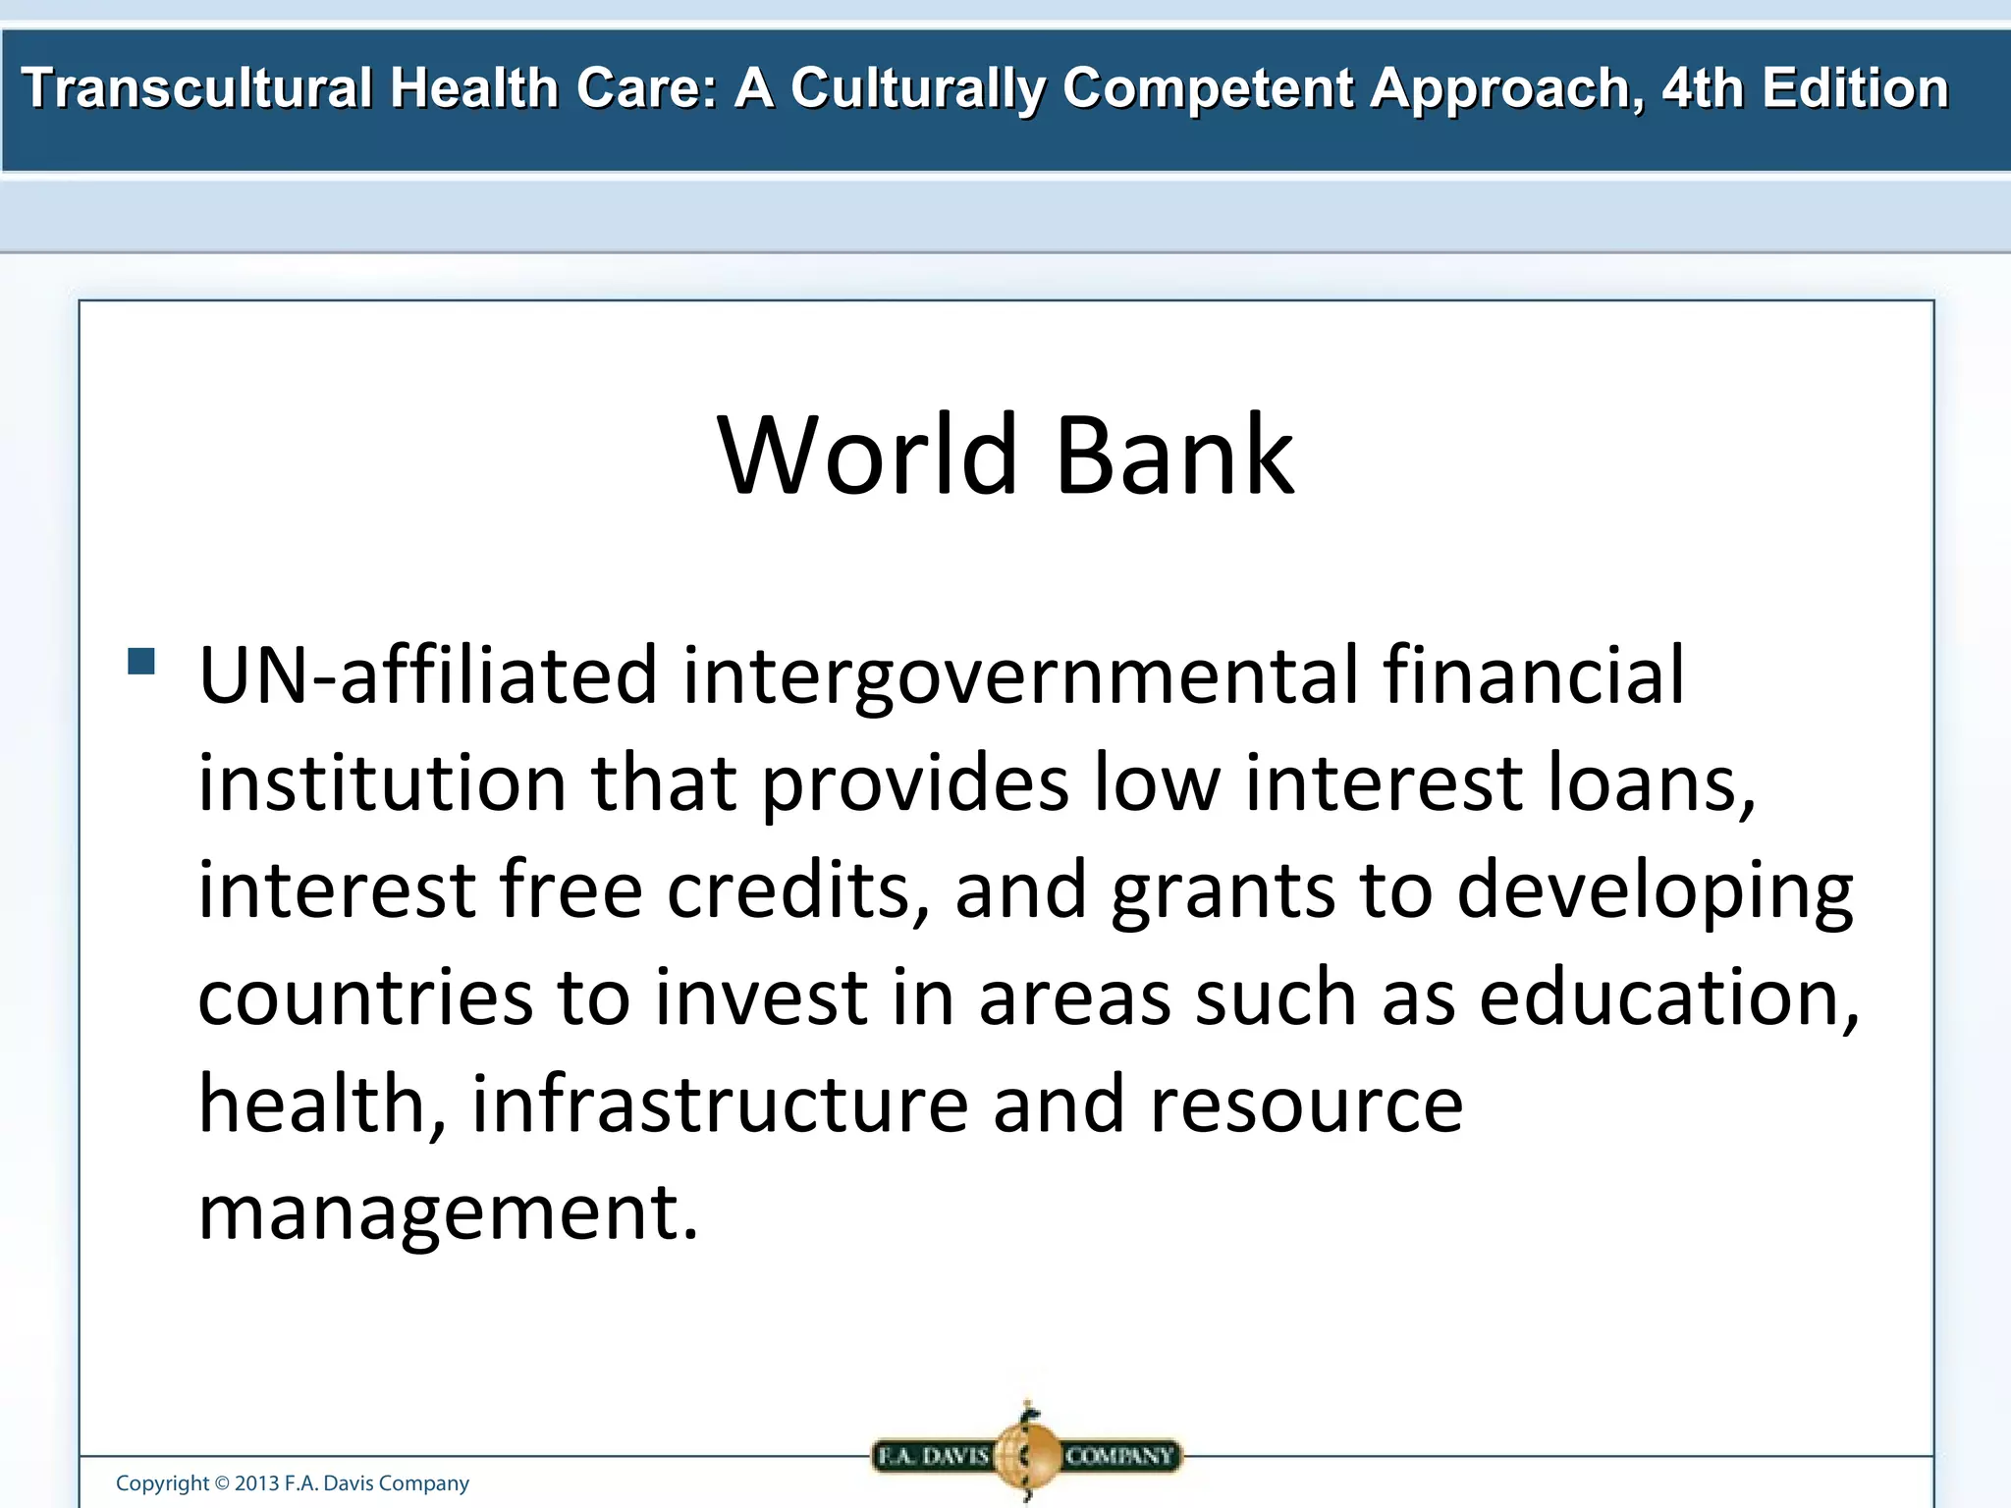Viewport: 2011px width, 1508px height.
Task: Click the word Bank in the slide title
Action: point(1174,457)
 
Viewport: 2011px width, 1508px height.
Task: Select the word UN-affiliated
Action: point(427,675)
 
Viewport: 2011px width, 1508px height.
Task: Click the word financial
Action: point(1533,675)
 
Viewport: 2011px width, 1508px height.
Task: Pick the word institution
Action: point(382,783)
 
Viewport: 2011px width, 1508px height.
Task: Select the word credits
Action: point(790,889)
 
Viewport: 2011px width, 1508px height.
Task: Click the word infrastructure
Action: point(721,1104)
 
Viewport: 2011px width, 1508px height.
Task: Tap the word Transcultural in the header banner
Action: point(196,88)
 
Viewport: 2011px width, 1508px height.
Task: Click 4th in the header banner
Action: point(1703,88)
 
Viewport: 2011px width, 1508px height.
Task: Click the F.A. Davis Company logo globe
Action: point(1027,1454)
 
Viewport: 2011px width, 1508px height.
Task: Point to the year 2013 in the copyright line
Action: point(256,1483)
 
